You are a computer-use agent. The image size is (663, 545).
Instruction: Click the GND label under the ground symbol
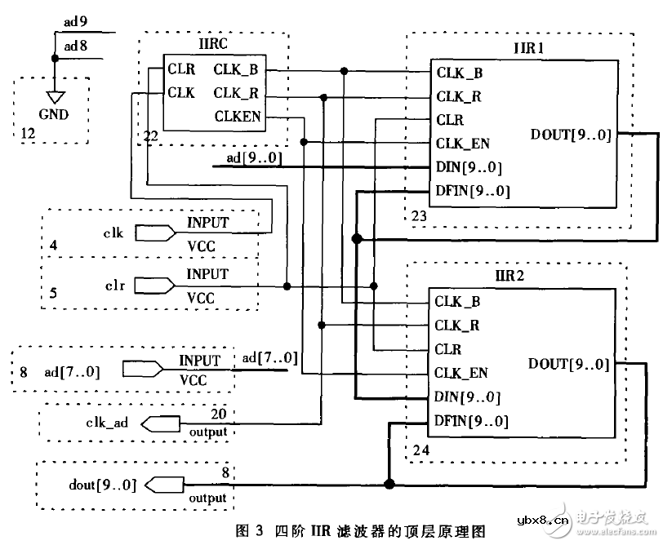tap(53, 114)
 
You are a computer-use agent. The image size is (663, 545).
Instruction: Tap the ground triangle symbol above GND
tap(54, 94)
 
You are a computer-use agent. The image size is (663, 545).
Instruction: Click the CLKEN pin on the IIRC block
tap(238, 117)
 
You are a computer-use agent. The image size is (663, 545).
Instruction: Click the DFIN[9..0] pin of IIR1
tap(473, 192)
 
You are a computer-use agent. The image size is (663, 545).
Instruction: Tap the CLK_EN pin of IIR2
tap(461, 373)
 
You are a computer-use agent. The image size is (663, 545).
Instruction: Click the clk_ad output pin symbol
tap(161, 423)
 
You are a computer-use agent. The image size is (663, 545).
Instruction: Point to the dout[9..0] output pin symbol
tap(163, 485)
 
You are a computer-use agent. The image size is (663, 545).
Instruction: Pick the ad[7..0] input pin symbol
tap(140, 372)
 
